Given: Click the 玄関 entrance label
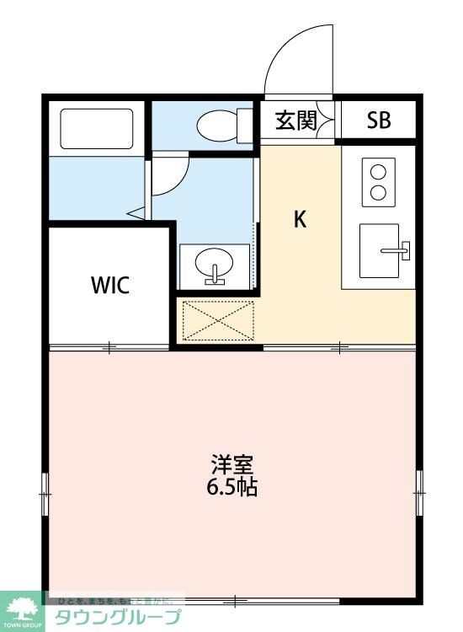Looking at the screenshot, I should pos(295,121).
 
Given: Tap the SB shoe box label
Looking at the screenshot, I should pos(379,121).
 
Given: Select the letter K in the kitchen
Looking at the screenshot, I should pos(300,219).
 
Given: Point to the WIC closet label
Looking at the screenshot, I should pos(110,285).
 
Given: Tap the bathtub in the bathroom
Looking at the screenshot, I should pos(97,129).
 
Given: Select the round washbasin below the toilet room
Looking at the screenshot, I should pos(216,267).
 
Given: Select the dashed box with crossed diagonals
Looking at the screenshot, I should pos(218,319).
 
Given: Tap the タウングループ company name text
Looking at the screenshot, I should pos(118,617).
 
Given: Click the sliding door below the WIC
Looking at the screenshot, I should pos(109,346).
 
